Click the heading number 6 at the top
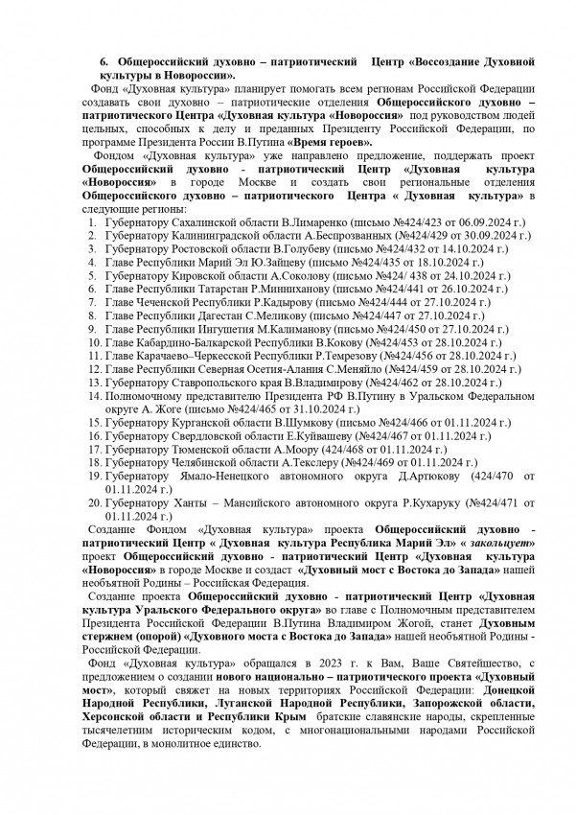(104, 61)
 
